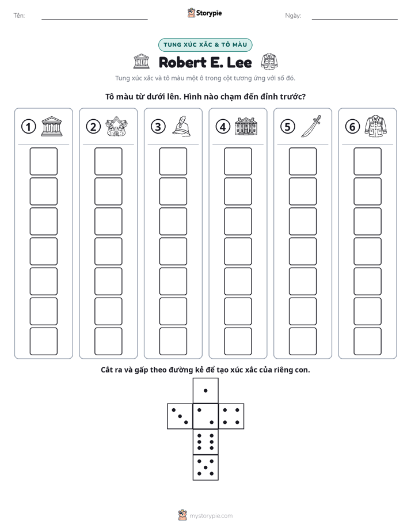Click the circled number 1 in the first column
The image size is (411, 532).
tap(28, 127)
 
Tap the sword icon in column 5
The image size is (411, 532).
tap(311, 126)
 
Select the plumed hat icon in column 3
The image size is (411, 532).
tap(181, 126)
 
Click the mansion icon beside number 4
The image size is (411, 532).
tap(246, 127)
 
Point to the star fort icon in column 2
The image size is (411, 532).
tap(117, 127)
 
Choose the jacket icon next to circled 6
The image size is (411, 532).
tap(376, 126)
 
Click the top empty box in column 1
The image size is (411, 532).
tap(43, 161)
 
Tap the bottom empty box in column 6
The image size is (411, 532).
tap(367, 341)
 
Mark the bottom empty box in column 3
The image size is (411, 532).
tap(173, 341)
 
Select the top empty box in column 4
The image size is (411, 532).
tap(238, 161)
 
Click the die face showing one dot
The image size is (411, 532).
tap(205, 390)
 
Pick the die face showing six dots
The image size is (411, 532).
tap(205, 442)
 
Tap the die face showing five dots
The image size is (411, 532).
tap(205, 468)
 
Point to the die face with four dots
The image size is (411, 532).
tap(231, 416)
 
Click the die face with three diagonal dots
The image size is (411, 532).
tap(180, 416)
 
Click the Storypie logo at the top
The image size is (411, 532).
tap(204, 13)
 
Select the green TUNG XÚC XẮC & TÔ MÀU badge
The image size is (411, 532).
tap(205, 45)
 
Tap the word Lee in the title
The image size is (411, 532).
tap(239, 62)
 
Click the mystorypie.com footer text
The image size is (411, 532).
tap(211, 516)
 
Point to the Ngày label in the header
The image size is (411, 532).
tap(293, 16)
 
